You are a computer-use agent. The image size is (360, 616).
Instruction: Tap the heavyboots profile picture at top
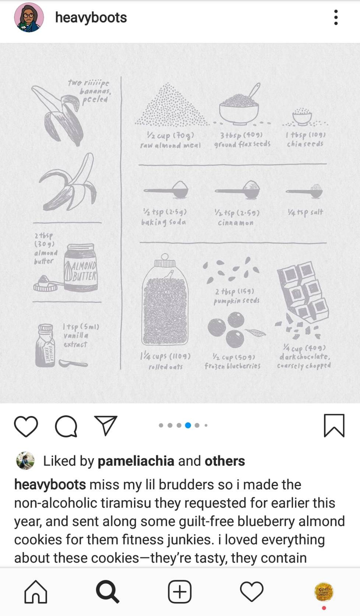coord(29,17)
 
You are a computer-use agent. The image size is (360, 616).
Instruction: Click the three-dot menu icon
coord(336,17)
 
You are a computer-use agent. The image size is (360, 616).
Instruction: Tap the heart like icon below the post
coord(26,426)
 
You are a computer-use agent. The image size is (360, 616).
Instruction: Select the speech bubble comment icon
coord(66,426)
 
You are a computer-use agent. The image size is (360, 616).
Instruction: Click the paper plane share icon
coord(106,425)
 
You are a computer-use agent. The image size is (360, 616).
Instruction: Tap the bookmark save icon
coord(334,425)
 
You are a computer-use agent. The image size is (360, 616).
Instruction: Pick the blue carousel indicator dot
coord(188,425)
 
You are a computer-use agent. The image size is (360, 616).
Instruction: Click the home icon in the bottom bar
coord(36,592)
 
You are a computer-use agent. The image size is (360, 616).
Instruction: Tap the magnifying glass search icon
coord(107,592)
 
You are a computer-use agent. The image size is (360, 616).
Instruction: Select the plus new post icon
coord(180,592)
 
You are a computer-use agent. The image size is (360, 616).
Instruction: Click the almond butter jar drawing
coord(81,267)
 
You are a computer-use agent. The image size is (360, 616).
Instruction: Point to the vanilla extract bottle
coord(45,345)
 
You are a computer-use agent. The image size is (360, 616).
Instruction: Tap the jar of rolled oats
coord(165,299)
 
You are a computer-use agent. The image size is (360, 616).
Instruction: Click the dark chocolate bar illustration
coord(303,292)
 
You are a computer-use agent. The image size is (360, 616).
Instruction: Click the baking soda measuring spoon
coord(166,189)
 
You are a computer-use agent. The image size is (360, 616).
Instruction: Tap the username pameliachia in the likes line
coord(136,461)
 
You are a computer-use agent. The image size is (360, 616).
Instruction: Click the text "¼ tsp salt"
coord(305,212)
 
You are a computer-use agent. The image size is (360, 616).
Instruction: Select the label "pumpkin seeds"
coord(237,300)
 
